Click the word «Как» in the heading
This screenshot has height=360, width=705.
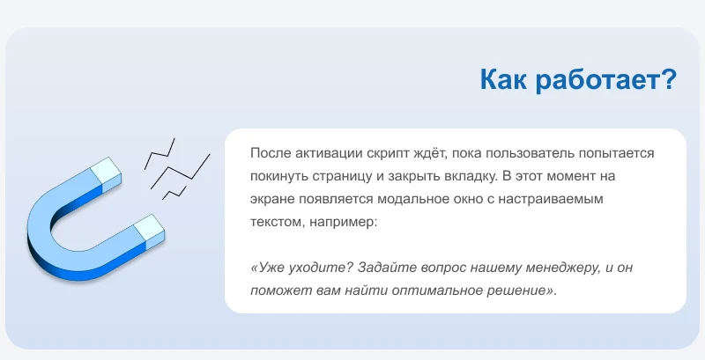pos(503,79)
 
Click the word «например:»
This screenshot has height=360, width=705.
pos(343,222)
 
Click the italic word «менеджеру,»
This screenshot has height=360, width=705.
pos(558,268)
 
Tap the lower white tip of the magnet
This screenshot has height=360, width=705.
pos(150,228)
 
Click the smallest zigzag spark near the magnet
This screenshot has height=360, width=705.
pos(174,193)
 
